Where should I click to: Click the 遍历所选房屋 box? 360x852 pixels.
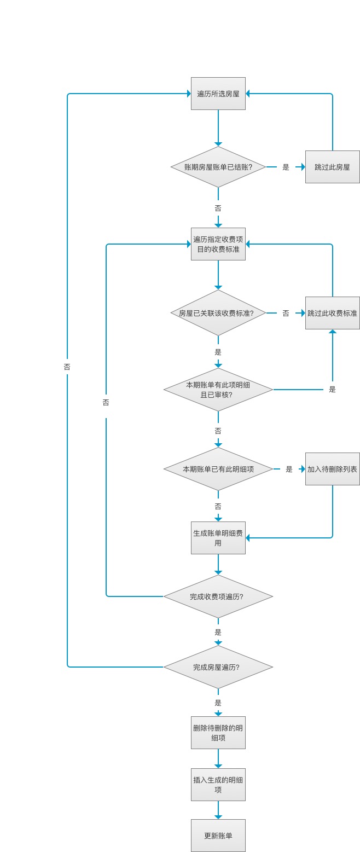click(x=218, y=94)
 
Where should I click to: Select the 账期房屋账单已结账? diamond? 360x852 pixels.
click(x=218, y=167)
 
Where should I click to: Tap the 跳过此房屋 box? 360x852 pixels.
click(x=332, y=167)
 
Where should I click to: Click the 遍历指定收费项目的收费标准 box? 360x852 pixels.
click(x=218, y=244)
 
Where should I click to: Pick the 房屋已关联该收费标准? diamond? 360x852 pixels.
click(x=218, y=313)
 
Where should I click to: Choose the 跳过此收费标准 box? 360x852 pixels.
click(x=332, y=313)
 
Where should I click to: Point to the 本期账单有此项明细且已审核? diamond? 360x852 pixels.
click(x=218, y=390)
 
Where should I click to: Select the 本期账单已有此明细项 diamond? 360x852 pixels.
click(x=218, y=469)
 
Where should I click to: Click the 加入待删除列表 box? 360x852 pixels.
click(x=332, y=469)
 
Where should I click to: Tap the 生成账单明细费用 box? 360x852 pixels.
click(x=218, y=538)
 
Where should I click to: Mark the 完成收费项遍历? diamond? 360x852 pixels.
click(x=218, y=596)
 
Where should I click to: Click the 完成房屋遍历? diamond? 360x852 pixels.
click(x=218, y=667)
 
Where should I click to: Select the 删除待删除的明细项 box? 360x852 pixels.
click(x=218, y=733)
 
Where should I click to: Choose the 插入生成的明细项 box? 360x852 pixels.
click(x=218, y=785)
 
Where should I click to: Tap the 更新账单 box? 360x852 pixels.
click(x=218, y=836)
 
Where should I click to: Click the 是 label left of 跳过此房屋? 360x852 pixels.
click(x=286, y=167)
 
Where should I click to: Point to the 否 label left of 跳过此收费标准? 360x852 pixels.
click(x=286, y=314)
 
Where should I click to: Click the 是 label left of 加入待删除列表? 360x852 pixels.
click(x=289, y=470)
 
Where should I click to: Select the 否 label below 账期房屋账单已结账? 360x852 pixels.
click(x=218, y=208)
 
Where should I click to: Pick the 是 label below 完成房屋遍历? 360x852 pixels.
click(x=218, y=703)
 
